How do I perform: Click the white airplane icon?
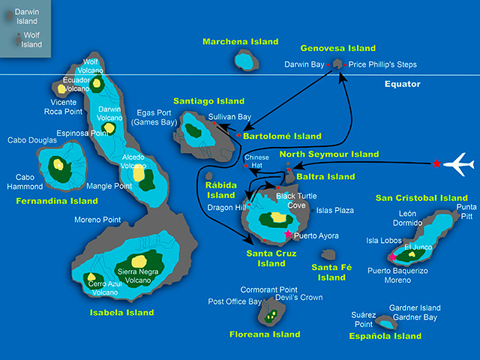459,164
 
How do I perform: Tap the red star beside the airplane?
436,163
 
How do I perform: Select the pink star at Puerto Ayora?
288,234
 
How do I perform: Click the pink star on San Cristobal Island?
392,257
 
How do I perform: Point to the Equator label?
402,84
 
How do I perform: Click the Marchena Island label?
240,42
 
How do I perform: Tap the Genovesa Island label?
338,48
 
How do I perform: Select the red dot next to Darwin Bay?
328,65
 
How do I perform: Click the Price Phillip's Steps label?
382,64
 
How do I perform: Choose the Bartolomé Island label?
282,136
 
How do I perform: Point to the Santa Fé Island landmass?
328,254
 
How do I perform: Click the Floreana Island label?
265,334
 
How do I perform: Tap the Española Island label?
385,336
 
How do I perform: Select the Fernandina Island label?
57,201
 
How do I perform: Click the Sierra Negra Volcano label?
138,276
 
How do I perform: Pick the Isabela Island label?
121,313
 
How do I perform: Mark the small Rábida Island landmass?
209,175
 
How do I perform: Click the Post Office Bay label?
235,301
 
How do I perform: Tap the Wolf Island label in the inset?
31,40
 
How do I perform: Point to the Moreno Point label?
97,220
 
